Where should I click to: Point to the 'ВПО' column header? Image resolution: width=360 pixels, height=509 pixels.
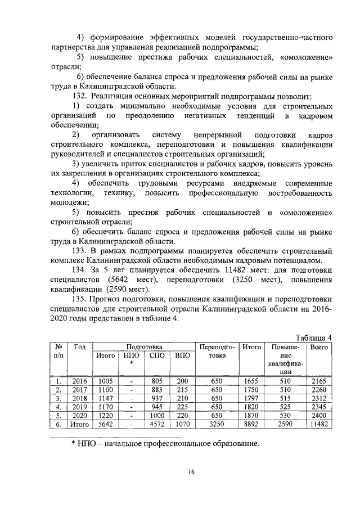[182, 355]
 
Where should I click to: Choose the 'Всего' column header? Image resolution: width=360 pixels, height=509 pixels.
[319, 347]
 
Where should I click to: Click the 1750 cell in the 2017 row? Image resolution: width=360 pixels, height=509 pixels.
[251, 390]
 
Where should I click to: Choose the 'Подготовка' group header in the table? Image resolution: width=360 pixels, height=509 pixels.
[144, 347]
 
